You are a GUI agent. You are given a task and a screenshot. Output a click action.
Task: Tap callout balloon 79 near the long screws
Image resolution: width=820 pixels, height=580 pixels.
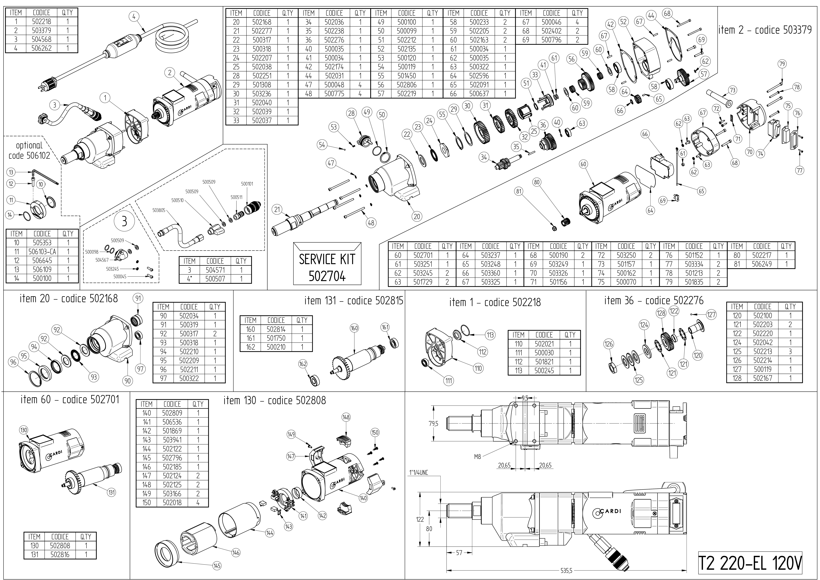click(x=782, y=64)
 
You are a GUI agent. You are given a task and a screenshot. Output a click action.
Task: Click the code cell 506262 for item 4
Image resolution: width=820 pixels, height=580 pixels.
click(x=41, y=48)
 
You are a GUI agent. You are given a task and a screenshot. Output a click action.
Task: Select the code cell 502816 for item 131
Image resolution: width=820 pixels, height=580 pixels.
click(x=60, y=555)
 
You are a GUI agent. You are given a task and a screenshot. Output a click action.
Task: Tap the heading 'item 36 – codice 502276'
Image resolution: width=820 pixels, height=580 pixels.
click(x=654, y=301)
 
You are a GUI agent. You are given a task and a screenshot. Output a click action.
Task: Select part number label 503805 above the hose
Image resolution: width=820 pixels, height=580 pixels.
click(x=159, y=210)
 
